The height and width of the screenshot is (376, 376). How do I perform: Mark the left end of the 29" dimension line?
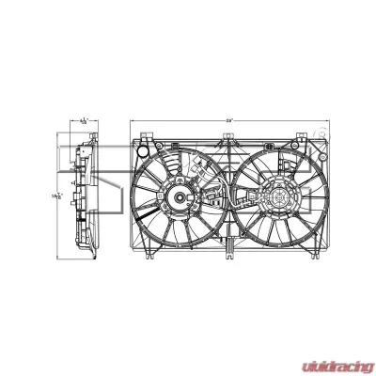(131, 121)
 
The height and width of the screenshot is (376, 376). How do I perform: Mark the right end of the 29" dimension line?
(327, 121)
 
